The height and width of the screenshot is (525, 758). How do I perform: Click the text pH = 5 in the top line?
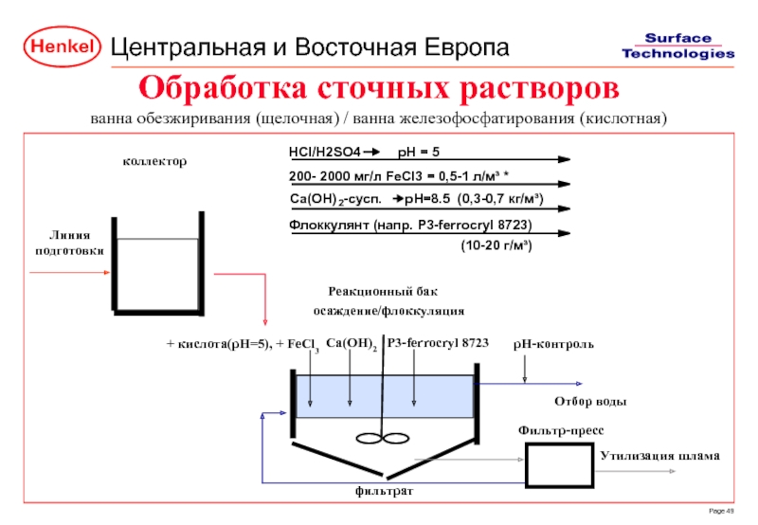[x=419, y=152]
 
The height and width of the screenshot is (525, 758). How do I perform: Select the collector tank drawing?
[x=157, y=265]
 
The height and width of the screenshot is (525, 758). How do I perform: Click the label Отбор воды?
[x=589, y=402]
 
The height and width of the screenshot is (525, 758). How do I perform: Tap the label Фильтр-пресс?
[x=560, y=430]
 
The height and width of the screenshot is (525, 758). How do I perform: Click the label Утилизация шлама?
[x=659, y=456]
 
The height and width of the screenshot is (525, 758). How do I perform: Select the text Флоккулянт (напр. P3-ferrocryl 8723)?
[x=409, y=224]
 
